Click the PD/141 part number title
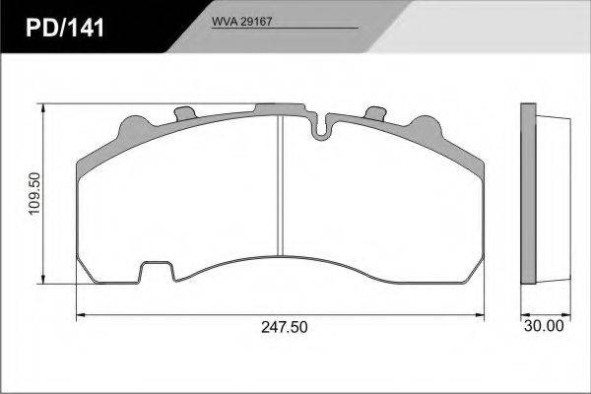[65, 29]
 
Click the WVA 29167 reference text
[241, 22]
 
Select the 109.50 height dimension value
[34, 194]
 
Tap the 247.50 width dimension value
[285, 327]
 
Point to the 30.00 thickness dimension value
[544, 326]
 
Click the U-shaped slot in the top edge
[320, 127]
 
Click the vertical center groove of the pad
[280, 185]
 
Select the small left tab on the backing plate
[185, 113]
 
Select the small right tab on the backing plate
[376, 112]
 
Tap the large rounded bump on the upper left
[135, 129]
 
